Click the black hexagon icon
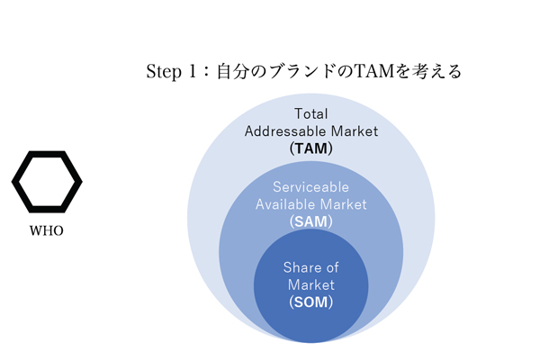[47, 182]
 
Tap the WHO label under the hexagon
[47, 231]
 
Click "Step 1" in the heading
[171, 72]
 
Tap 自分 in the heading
[230, 72]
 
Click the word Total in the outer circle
[311, 114]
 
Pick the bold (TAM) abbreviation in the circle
[311, 148]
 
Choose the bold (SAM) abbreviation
[311, 221]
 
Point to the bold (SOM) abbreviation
[311, 301]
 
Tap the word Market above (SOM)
[311, 284]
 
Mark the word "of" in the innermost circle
[332, 268]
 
